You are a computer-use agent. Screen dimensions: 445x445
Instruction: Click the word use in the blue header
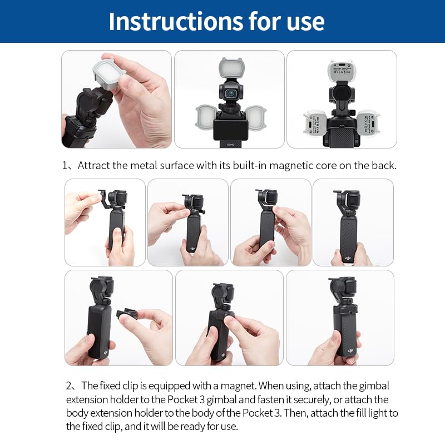pos(304,21)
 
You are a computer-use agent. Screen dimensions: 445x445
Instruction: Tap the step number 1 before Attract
pos(65,166)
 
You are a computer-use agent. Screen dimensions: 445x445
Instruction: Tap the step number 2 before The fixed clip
pos(69,385)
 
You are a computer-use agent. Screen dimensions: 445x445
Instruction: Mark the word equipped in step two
pos(174,385)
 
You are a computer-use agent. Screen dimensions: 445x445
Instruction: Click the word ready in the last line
pos(181,427)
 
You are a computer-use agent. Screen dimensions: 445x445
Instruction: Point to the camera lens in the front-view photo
pos(229,93)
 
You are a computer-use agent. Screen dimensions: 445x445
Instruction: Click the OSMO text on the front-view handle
pos(230,144)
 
